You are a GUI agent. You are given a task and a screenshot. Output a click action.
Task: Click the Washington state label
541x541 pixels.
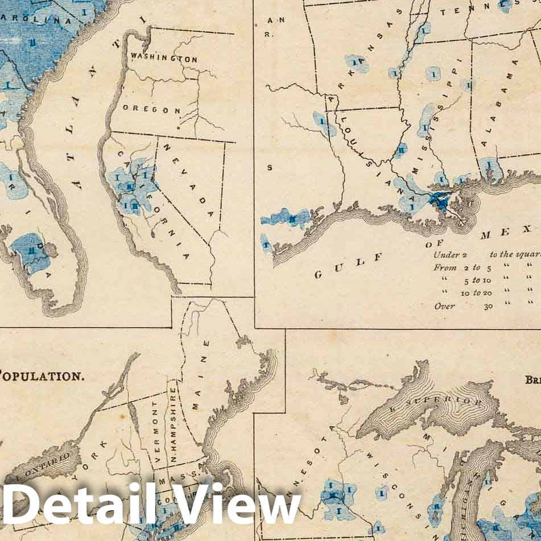(164, 57)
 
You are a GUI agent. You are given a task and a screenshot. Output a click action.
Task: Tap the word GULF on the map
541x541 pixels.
(348, 266)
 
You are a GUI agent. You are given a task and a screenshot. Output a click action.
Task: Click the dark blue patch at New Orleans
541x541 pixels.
(440, 200)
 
